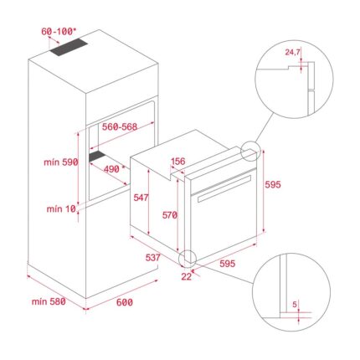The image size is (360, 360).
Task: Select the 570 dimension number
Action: (170, 215)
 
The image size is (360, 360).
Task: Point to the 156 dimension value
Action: (177, 162)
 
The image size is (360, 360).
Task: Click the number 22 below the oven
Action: (186, 276)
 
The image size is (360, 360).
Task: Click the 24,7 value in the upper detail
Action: (291, 53)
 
